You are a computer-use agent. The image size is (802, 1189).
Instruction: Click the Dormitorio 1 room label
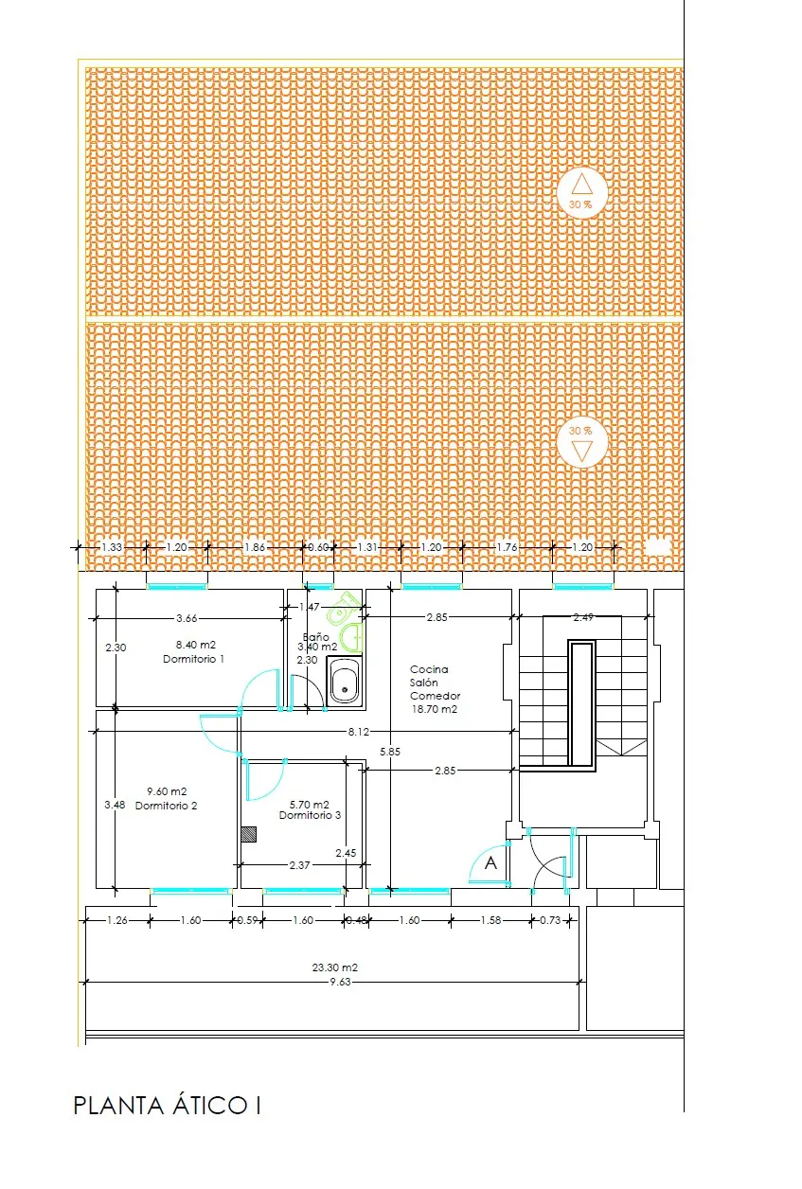tap(193, 658)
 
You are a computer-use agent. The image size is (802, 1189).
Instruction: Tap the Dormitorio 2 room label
tap(166, 806)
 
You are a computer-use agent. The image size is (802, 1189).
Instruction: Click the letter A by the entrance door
tap(490, 863)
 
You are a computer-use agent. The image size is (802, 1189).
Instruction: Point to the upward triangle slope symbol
tap(581, 184)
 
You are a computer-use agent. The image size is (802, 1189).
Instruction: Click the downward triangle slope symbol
tap(581, 452)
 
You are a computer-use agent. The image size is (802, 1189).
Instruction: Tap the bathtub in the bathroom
tap(345, 681)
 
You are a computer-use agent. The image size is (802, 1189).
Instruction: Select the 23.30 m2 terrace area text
tap(334, 967)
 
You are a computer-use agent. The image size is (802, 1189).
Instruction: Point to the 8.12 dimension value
tap(358, 731)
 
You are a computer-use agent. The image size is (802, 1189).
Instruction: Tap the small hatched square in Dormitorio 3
tap(249, 834)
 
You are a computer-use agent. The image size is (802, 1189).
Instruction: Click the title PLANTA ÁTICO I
tap(167, 1105)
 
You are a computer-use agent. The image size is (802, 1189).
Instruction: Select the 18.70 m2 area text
tap(434, 708)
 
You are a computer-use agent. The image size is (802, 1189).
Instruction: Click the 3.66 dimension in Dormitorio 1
tap(187, 618)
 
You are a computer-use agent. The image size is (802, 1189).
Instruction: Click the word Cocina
tap(429, 669)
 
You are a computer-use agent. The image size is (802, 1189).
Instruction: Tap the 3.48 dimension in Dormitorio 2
tap(114, 805)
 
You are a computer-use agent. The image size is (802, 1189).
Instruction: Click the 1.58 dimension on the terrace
tap(490, 919)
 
